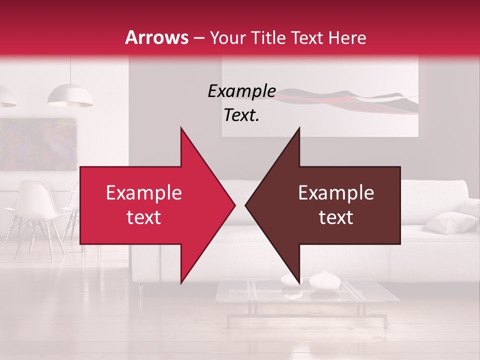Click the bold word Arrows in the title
156,37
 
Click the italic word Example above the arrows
241,91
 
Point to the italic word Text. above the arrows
241,115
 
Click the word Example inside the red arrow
143,193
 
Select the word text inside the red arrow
143,217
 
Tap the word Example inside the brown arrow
336,193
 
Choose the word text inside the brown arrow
336,217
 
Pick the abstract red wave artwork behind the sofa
350,100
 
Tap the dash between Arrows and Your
198,38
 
